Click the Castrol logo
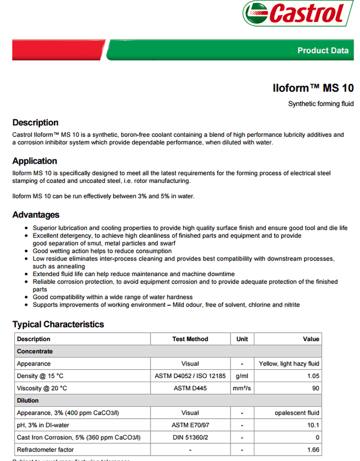coord(298,13)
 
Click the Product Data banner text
coord(323,51)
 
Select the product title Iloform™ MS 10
coord(313,88)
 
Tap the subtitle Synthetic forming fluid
coord(321,104)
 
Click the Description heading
coord(35,123)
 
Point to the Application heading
coord(35,161)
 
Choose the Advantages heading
coord(36,215)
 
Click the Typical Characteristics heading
coord(58,324)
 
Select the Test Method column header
coord(190,339)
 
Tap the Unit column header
coord(242,339)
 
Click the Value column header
coord(311,339)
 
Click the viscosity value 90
coord(316,389)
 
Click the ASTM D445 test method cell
coord(190,389)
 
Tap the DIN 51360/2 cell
coord(190,438)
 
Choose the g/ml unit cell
coord(242,376)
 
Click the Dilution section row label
coord(28,401)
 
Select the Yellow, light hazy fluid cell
coord(289,364)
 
